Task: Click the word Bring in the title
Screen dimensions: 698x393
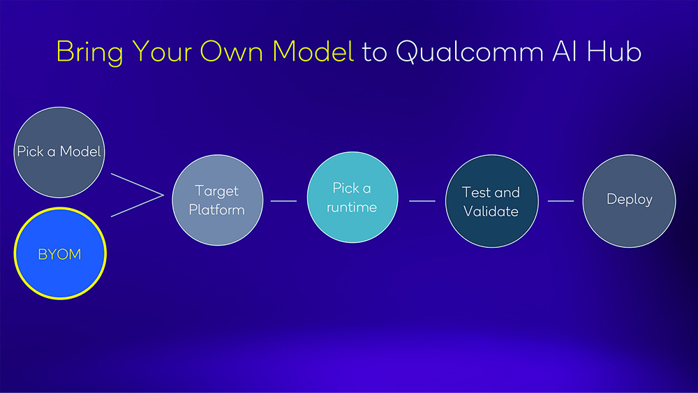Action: (89, 52)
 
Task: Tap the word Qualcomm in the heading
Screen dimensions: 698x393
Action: (470, 52)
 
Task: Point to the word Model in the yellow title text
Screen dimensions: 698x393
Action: (313, 51)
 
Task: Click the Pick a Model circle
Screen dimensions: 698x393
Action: (59, 152)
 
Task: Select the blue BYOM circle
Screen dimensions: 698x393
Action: (60, 253)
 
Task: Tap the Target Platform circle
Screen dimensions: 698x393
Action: (218, 200)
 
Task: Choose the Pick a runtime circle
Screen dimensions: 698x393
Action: (352, 197)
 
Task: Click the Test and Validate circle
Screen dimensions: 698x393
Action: (492, 201)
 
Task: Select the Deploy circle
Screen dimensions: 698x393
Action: (629, 201)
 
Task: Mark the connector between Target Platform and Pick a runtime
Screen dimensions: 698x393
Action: (283, 201)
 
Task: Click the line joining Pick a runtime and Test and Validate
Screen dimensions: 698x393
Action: (422, 201)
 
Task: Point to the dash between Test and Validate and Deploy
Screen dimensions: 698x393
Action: (560, 201)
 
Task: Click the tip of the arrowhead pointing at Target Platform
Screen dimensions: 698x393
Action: (164, 195)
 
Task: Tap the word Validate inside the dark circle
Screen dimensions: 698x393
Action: (491, 211)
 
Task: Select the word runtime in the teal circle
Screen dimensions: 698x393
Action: (352, 207)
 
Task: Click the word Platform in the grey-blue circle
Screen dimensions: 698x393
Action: (217, 209)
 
